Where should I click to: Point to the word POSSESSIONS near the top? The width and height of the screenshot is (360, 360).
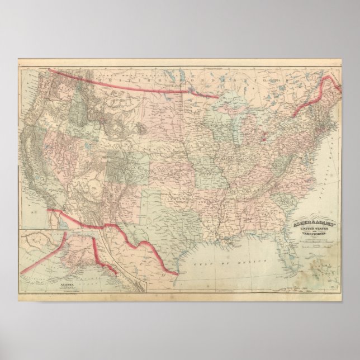point(224,82)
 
